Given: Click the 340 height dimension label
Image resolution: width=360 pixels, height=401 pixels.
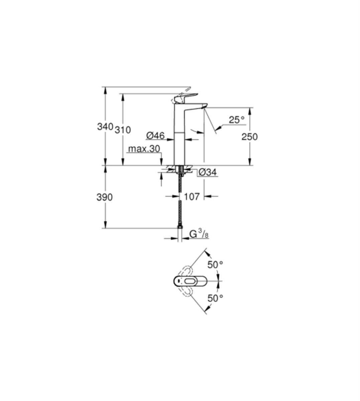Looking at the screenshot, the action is point(105,127).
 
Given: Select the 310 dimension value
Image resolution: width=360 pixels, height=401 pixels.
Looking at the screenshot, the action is point(123,130).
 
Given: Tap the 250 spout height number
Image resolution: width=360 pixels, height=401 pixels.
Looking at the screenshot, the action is point(250,137).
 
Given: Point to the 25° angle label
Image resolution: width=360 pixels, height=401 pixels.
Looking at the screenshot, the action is point(237,120).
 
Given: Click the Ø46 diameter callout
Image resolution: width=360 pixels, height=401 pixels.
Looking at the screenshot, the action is point(155,136).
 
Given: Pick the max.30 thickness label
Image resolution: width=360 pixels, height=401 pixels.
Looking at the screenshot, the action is point(144,149).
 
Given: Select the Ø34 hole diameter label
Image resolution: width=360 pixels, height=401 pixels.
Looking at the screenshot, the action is point(208,172).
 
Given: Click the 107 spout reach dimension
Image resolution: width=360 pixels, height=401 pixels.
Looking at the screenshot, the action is point(192,197).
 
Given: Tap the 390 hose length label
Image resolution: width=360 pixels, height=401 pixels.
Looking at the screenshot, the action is point(105,197).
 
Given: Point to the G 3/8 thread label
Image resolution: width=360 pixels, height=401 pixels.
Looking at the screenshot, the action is point(199,235).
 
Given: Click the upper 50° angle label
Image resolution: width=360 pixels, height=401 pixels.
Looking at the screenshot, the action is point(215,265).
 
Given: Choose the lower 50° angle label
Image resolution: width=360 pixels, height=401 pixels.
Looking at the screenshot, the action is point(215,304).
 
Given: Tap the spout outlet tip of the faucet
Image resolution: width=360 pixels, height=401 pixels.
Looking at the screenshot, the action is point(204,107).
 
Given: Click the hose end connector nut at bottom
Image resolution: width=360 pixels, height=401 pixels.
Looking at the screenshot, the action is point(180,227).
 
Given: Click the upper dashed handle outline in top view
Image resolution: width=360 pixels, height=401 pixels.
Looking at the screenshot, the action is point(185,270).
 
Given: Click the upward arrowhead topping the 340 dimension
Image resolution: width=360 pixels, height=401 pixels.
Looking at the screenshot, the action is point(105,90).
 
